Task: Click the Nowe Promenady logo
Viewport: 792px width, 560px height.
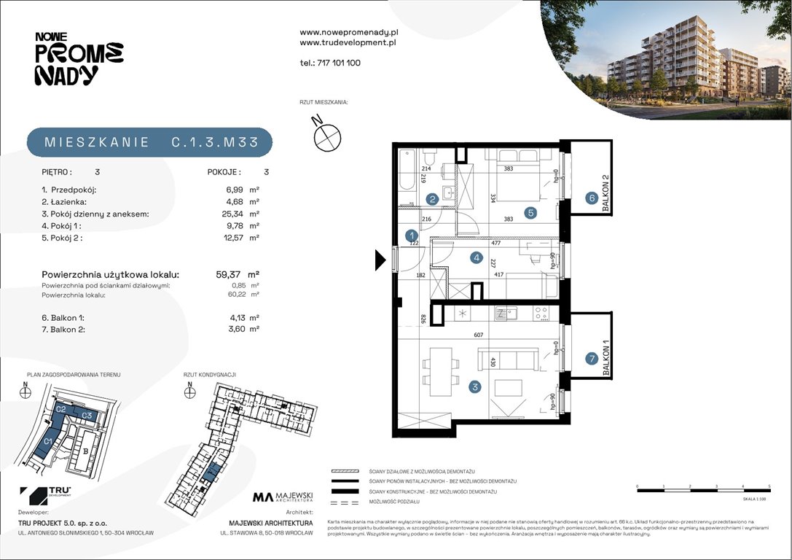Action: [78, 59]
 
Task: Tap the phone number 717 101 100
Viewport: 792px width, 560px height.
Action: [330, 63]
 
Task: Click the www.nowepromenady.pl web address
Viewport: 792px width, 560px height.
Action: [348, 33]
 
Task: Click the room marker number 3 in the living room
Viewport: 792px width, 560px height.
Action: [475, 387]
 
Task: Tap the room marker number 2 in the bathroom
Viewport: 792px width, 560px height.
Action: [432, 198]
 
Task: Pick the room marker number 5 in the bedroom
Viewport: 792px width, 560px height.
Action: [530, 213]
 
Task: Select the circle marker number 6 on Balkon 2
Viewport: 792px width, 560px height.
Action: [592, 198]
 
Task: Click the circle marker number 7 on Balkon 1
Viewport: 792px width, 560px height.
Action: [592, 358]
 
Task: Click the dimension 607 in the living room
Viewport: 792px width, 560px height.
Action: [478, 335]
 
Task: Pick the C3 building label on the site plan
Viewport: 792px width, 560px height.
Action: [86, 415]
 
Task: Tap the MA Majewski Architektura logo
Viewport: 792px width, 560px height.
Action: [283, 498]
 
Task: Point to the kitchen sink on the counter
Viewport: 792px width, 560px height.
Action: [503, 314]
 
